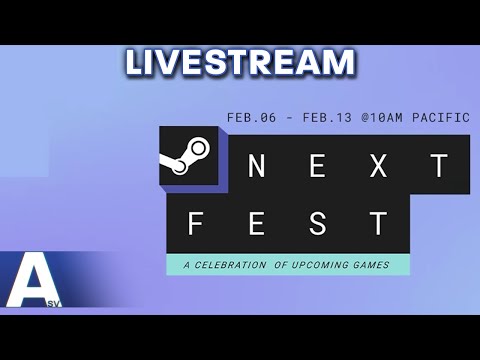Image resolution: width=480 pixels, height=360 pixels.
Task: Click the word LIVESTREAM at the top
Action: point(240,62)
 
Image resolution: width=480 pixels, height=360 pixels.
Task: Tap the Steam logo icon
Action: point(190,154)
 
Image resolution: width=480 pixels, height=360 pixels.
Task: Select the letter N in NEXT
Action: point(257,167)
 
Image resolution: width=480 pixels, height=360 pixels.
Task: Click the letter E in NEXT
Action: point(317,167)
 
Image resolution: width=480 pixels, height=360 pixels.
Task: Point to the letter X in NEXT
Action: point(378,167)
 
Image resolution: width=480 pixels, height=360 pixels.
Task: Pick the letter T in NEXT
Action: point(438,167)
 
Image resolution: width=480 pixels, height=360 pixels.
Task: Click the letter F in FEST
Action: point(196,223)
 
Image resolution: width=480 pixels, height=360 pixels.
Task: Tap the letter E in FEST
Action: point(256,223)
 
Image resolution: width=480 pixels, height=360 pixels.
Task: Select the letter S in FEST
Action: point(317,223)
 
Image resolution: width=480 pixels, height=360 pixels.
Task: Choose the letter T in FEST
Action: point(378,223)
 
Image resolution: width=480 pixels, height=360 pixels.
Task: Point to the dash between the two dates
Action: point(289,117)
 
